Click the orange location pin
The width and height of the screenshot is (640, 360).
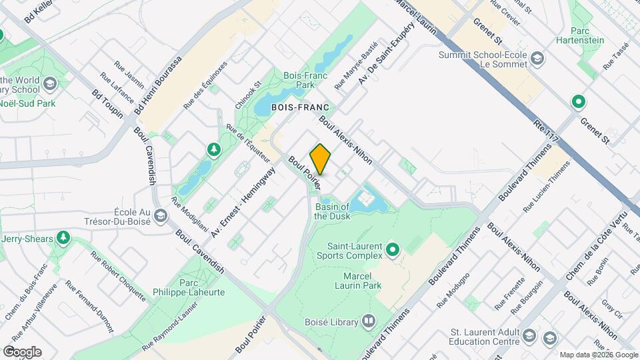[321, 159]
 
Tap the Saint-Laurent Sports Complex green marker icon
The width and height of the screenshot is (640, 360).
[393, 250]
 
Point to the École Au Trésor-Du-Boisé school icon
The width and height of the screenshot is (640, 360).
[160, 216]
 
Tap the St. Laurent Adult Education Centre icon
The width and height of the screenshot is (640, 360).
[549, 337]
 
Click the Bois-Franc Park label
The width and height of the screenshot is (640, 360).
[299, 81]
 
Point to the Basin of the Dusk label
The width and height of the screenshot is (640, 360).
[332, 211]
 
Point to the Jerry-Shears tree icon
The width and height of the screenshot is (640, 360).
[63, 237]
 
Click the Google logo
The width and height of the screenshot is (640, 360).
[21, 351]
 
